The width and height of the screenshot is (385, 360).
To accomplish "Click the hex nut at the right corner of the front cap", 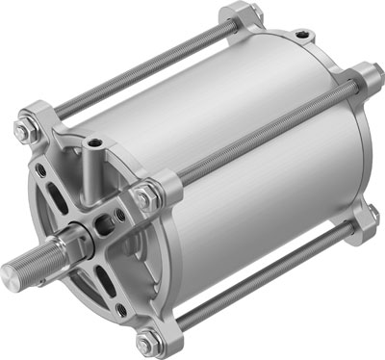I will (146, 196).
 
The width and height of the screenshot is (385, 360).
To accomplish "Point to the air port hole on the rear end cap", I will (303, 36).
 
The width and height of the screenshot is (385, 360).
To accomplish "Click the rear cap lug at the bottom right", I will (363, 223).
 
